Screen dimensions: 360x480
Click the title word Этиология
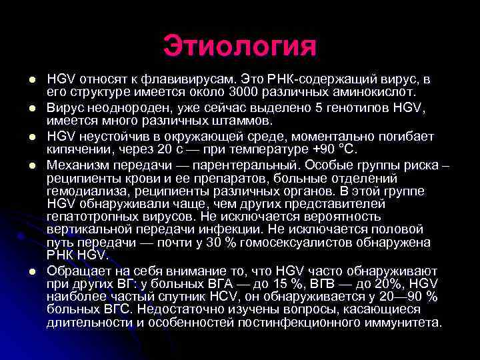tap(239, 46)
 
